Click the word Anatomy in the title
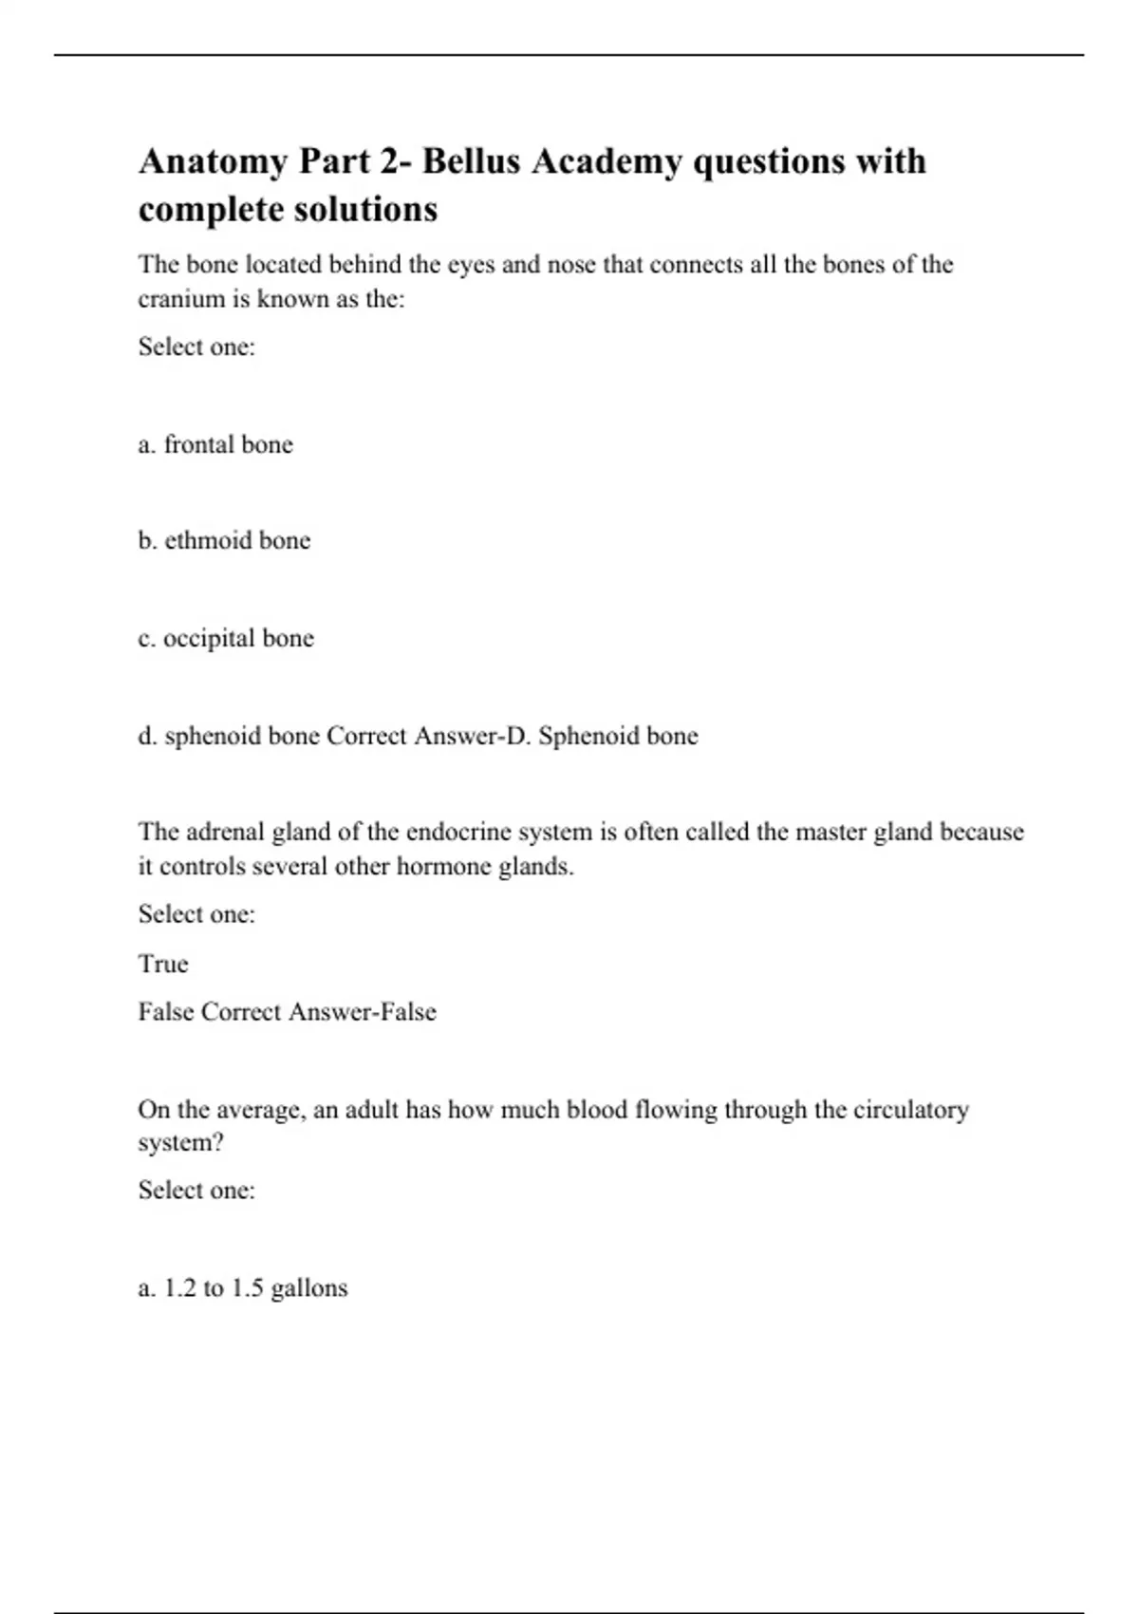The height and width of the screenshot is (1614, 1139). tap(212, 162)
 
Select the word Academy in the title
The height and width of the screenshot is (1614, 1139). tap(606, 162)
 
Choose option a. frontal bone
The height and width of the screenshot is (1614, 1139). tap(215, 444)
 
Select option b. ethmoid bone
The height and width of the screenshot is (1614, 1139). tap(224, 541)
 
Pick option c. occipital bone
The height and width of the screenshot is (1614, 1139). tap(226, 638)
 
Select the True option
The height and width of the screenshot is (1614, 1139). tap(163, 964)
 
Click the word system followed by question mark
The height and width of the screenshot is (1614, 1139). tap(180, 1143)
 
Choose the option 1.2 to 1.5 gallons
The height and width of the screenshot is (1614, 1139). tap(243, 1288)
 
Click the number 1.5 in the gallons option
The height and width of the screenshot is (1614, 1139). tap(247, 1288)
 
